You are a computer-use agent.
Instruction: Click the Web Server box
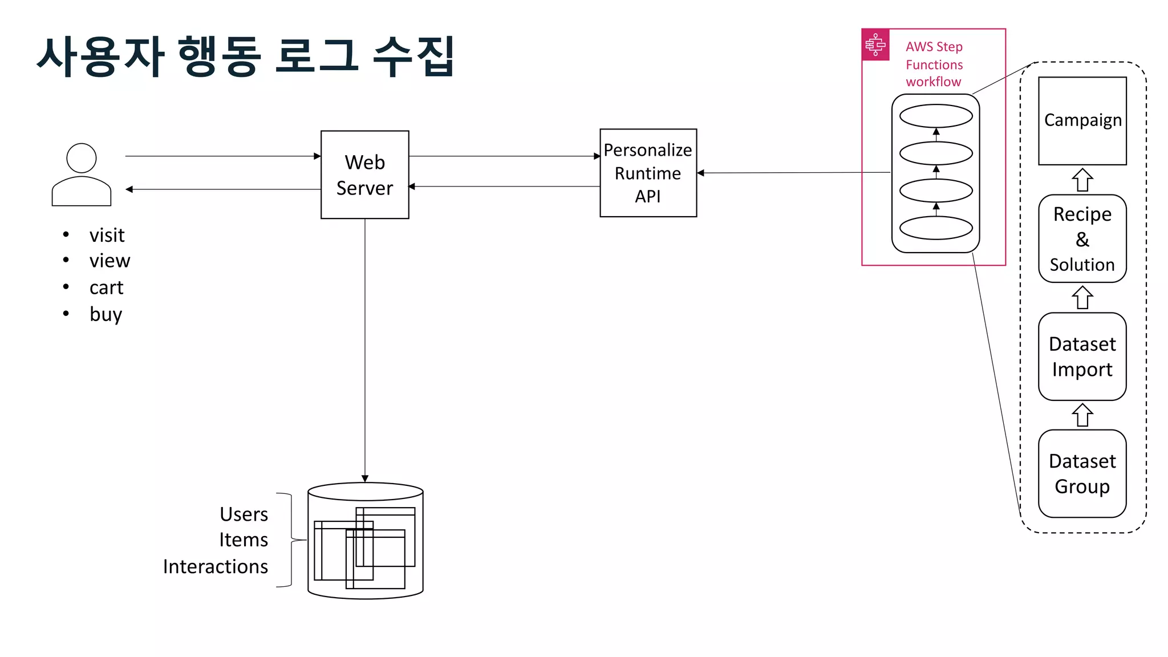(364, 175)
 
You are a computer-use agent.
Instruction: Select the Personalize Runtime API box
(648, 173)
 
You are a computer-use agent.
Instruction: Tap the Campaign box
(1082, 121)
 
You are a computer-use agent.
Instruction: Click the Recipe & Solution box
(1082, 239)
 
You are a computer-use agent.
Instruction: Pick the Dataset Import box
(1082, 356)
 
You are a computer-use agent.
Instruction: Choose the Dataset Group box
(1082, 473)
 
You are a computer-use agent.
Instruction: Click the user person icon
(82, 175)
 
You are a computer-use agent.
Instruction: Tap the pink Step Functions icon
(875, 44)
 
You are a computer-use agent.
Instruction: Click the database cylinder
(365, 541)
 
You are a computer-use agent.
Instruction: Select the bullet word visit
(107, 235)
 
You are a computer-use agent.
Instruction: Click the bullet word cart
(106, 287)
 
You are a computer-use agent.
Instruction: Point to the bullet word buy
(106, 314)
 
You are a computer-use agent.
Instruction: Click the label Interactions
(215, 566)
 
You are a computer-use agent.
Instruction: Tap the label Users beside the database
(244, 514)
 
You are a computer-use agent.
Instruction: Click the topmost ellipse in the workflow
(936, 116)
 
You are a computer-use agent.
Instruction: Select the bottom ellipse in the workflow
(936, 228)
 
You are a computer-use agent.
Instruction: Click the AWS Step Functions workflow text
(934, 64)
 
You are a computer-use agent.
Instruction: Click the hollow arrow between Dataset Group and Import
(1082, 415)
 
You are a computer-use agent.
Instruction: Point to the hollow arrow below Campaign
(1082, 180)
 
